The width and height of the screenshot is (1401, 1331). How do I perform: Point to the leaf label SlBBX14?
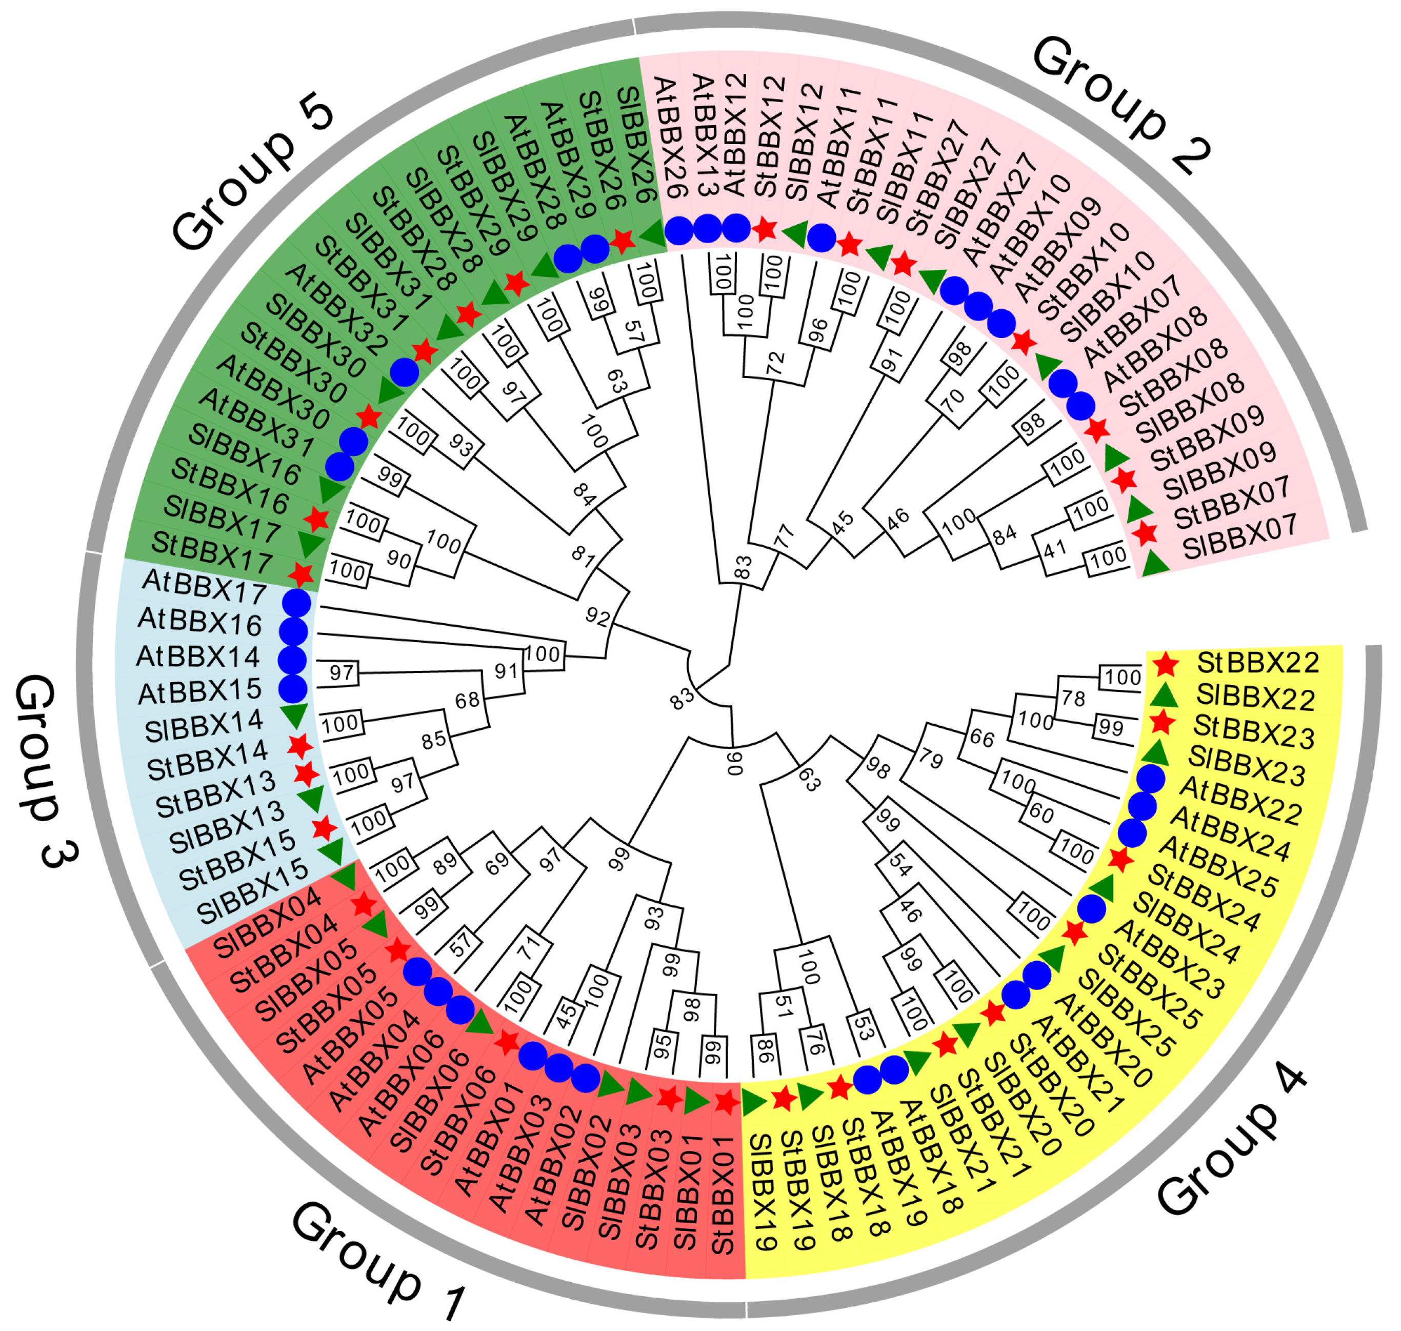204,725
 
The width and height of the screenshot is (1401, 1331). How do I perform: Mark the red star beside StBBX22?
1166,665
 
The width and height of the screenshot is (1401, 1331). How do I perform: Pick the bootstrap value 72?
775,363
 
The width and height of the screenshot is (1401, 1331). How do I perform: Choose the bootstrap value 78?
1073,699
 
